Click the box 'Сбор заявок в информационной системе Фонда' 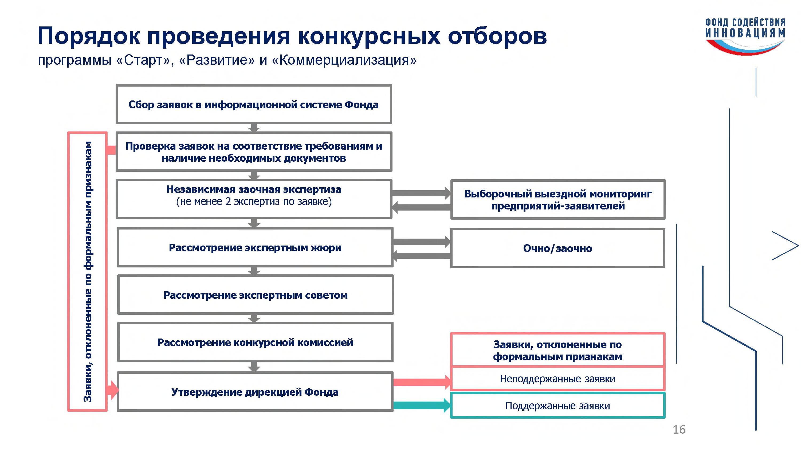tap(253, 104)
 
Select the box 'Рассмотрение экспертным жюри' tap(255, 248)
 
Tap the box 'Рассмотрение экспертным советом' tap(255, 295)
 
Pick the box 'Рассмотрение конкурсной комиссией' tap(255, 342)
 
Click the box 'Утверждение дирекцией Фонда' tap(255, 392)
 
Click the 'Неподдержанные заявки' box tap(557, 379)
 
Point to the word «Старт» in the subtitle tap(145, 60)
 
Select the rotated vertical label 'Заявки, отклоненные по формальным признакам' tap(88, 271)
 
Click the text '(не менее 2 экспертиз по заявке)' tap(254, 202)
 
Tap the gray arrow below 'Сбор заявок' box tap(254, 128)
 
